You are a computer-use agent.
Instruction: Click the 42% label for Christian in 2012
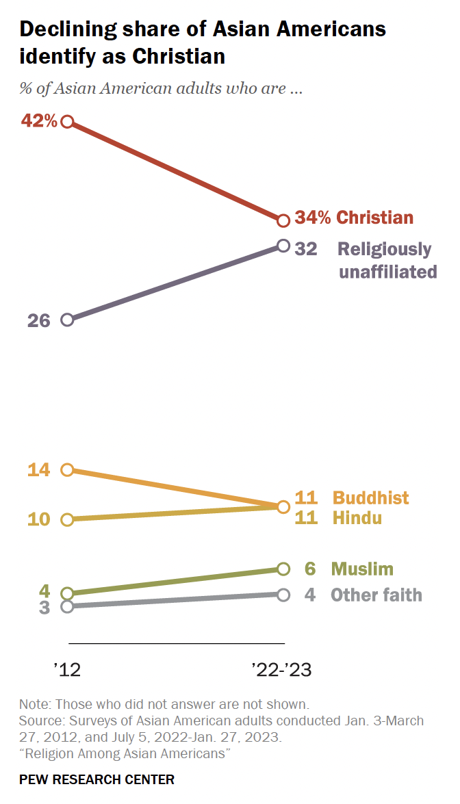pos(39,121)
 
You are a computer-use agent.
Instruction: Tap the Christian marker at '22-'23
pos(283,220)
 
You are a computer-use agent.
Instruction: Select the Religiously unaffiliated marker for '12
pos(67,320)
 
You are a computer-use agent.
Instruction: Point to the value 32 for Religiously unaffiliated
pos(306,248)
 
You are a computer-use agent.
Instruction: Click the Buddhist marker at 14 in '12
pos(67,469)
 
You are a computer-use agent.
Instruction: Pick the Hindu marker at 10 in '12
pos(67,519)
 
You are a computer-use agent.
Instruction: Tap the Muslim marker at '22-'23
pos(283,569)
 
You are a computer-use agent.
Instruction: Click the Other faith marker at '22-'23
pos(283,595)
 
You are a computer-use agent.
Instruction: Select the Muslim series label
pos(362,569)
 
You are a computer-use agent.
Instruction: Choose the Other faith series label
pos(376,595)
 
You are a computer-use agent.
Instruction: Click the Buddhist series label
pos(371,498)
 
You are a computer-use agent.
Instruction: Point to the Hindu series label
pos(357,518)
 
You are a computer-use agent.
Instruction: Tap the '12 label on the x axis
pos(67,670)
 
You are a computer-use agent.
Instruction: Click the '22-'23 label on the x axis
pos(281,670)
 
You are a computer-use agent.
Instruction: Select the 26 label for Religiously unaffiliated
pos(39,320)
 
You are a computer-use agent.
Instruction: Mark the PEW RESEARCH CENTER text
pos(97,779)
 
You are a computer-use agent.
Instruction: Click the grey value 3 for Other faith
pos(44,608)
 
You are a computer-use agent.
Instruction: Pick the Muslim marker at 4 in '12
pos(67,594)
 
